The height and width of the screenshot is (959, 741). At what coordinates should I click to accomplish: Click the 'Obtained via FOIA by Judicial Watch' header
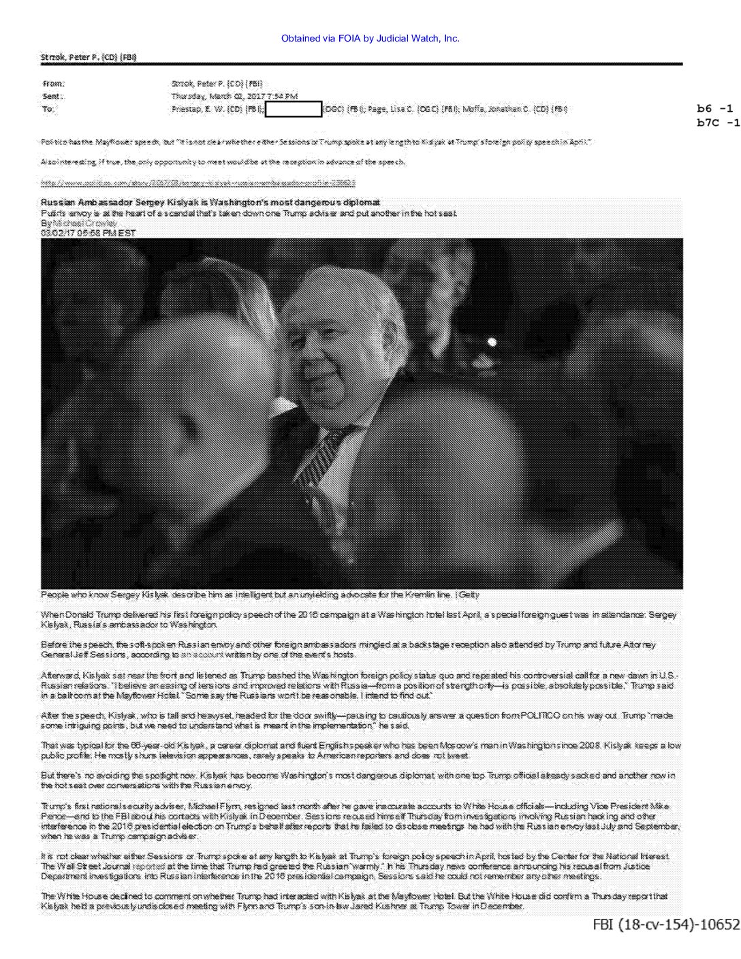pos(370,38)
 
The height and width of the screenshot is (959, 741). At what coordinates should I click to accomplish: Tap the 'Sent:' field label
pos(52,96)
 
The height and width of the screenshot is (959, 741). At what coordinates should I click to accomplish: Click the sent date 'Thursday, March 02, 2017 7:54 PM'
pos(234,96)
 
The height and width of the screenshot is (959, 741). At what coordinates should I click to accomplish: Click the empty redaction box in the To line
pos(294,108)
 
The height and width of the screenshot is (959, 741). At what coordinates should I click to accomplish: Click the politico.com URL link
pos(198,183)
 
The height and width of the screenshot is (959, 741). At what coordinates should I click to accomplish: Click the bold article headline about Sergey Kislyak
pos(210,202)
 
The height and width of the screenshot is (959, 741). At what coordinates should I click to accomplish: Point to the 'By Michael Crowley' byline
pos(79,223)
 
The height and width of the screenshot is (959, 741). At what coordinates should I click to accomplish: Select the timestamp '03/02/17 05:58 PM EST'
pos(89,233)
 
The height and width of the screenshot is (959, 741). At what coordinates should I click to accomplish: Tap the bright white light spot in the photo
pos(492,341)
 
